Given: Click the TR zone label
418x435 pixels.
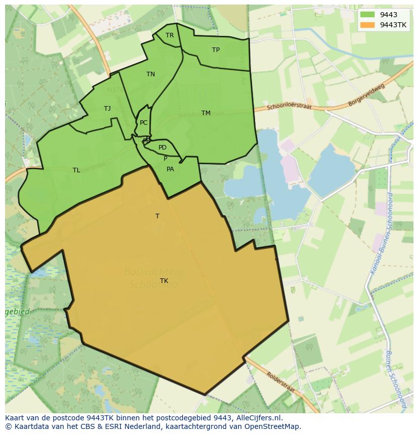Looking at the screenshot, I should [x=170, y=35].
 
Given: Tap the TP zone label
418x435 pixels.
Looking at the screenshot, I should [x=216, y=50].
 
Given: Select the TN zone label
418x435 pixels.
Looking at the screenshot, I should [x=150, y=74].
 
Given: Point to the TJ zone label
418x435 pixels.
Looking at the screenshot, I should [x=107, y=109].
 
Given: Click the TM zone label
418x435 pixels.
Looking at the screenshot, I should [x=206, y=113].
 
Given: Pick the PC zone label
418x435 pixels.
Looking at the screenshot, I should [x=144, y=123].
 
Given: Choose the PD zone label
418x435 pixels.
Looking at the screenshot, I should [x=162, y=148].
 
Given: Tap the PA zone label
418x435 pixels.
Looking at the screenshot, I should [x=170, y=169].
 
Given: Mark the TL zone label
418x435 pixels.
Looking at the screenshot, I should [x=76, y=170].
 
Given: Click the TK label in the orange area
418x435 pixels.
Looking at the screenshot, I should [x=164, y=281].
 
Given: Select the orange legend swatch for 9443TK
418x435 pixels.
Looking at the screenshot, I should [x=368, y=25].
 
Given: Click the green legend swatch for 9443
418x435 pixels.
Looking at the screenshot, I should [x=368, y=15].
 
